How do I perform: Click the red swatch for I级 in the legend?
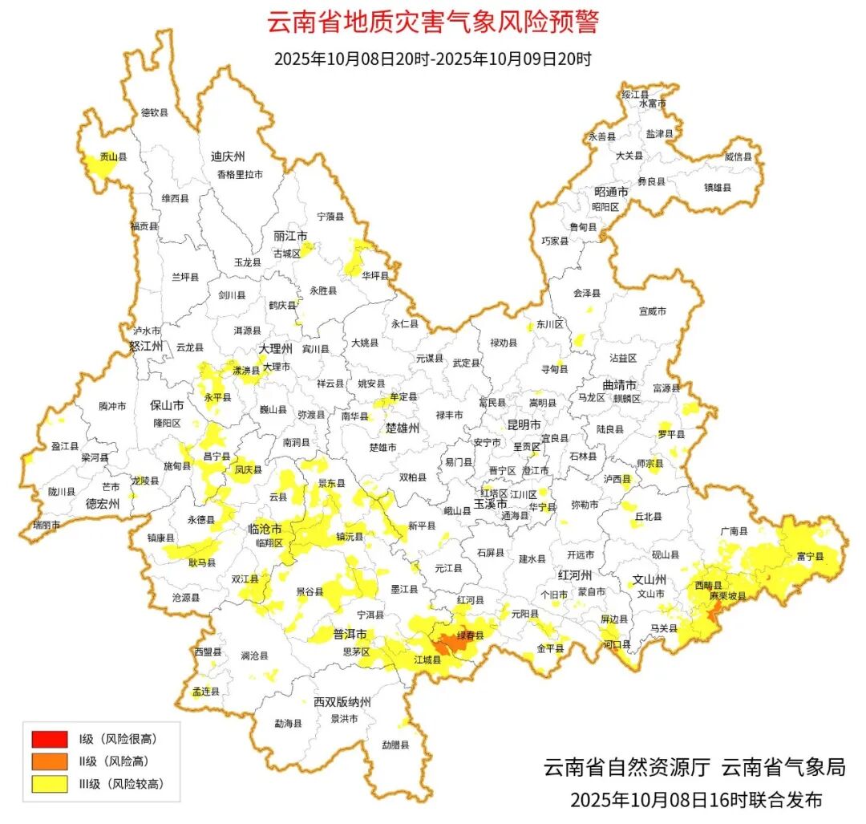click(x=49, y=738)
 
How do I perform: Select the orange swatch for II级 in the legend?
click(x=49, y=761)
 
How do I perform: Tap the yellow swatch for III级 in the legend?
click(x=49, y=784)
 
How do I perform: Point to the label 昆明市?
click(x=524, y=424)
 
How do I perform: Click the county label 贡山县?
click(x=113, y=159)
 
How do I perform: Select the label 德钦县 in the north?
click(x=155, y=113)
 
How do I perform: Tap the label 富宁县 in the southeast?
click(x=810, y=556)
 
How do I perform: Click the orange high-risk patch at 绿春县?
click(x=451, y=643)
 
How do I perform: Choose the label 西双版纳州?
click(x=342, y=702)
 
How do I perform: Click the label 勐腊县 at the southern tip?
click(x=395, y=745)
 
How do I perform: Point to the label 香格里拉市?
click(x=240, y=174)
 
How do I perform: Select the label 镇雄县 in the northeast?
click(x=718, y=188)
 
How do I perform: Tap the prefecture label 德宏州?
click(x=103, y=504)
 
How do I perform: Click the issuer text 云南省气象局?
click(x=783, y=768)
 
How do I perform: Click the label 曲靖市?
click(x=618, y=384)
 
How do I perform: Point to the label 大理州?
click(x=275, y=349)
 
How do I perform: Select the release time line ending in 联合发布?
click(x=696, y=800)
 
